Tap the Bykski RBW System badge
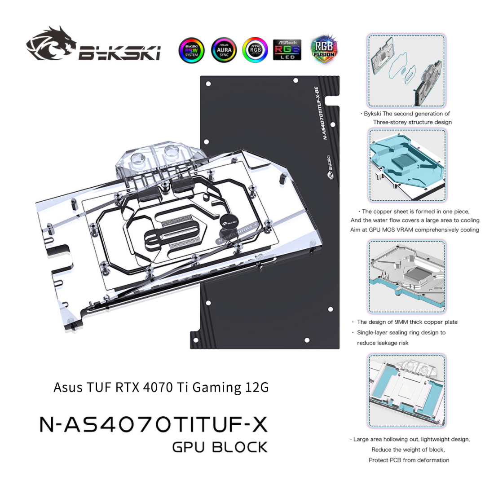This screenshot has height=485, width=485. click(x=191, y=50)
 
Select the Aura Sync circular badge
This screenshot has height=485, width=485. click(x=223, y=50)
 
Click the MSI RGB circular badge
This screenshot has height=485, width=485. click(x=255, y=50)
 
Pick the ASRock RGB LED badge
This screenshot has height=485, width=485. click(x=287, y=50)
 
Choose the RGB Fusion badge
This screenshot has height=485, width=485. click(x=324, y=48)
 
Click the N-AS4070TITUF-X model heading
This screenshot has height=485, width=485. click(x=153, y=423)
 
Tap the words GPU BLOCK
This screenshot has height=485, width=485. click(x=220, y=447)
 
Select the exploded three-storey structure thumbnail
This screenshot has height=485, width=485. click(x=407, y=69)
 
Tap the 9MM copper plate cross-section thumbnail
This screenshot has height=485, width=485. click(x=407, y=277)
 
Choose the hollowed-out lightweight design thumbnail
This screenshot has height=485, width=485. click(x=407, y=390)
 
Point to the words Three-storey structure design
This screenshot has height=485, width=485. click(x=412, y=122)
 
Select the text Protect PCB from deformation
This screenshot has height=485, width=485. click(x=409, y=460)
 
